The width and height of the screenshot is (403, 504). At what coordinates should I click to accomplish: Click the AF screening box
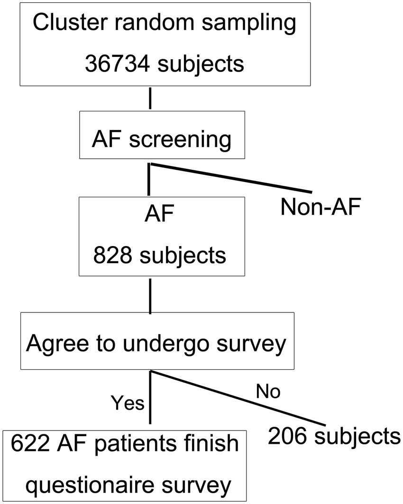(x=162, y=135)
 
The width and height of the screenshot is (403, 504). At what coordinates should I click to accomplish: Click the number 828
(x=112, y=256)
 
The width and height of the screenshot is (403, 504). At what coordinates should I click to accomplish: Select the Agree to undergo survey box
(x=157, y=340)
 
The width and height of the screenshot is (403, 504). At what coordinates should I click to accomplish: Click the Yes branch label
(x=127, y=403)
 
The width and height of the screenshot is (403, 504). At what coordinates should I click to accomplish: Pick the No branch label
(x=268, y=392)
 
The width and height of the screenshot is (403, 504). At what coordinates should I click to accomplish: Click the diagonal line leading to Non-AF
(x=232, y=178)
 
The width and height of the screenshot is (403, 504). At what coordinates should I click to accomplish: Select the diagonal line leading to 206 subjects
(x=237, y=398)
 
